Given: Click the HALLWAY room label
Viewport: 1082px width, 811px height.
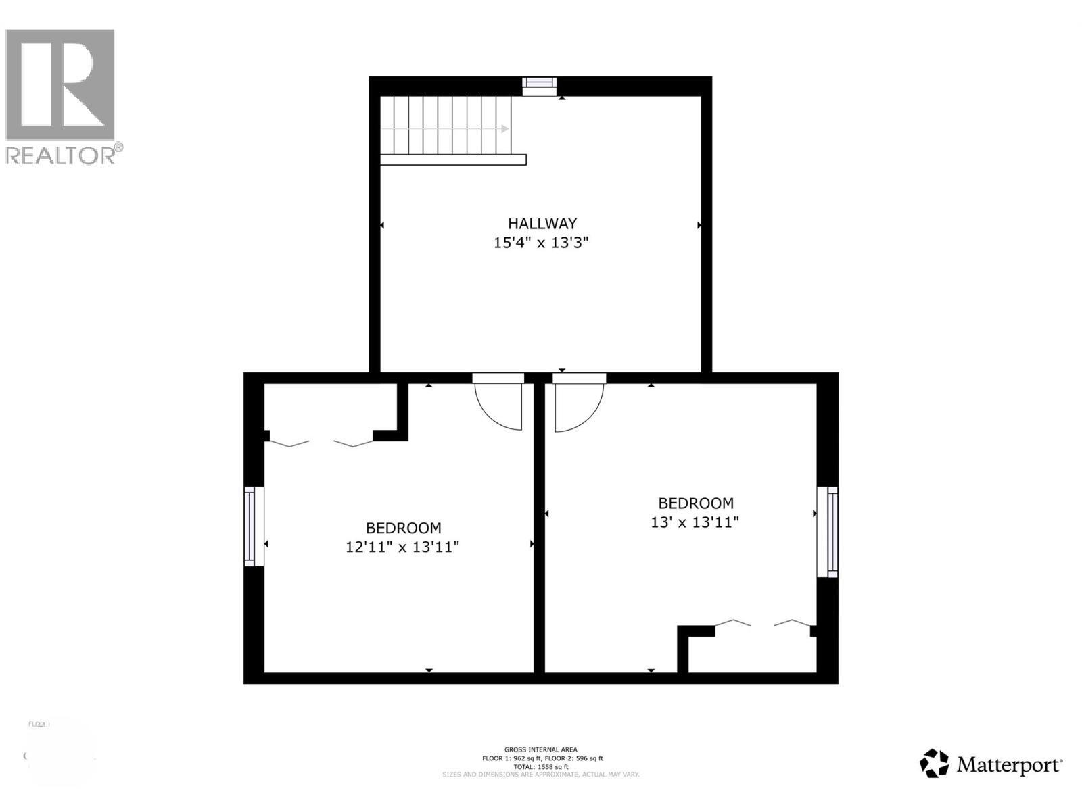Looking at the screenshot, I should [542, 223].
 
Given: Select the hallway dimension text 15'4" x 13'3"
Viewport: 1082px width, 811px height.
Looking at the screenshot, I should [541, 243].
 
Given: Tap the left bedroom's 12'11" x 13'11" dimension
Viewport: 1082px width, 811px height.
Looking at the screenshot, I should [402, 547].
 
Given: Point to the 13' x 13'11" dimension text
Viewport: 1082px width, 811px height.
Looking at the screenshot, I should [695, 522].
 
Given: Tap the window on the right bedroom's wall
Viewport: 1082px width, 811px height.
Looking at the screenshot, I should [829, 531].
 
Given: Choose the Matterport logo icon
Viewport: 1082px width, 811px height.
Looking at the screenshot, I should [934, 763].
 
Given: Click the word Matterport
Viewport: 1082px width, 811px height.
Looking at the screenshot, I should [1008, 765].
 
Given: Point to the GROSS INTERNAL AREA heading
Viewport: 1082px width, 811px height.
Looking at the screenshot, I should [540, 749].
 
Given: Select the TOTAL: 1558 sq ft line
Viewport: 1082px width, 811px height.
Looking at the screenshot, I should [540, 766].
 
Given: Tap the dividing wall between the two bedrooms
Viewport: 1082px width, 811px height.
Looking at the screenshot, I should [540, 527].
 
